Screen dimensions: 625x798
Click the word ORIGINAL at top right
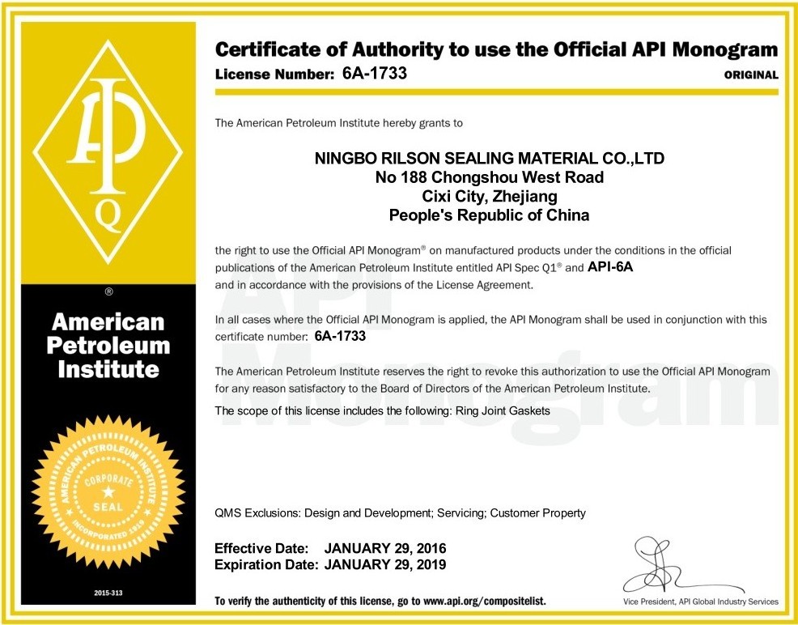[x=751, y=74]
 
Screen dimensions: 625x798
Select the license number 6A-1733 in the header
[x=375, y=73]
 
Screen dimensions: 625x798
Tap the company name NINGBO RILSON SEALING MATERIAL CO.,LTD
[x=489, y=158]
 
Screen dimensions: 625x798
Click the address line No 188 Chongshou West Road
[x=490, y=177]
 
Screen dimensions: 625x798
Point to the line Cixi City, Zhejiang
[x=490, y=196]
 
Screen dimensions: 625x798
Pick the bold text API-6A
[x=615, y=267]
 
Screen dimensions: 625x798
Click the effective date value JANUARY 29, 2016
[x=385, y=548]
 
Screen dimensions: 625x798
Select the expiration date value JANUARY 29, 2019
[x=385, y=564]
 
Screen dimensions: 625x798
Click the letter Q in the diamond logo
[x=109, y=215]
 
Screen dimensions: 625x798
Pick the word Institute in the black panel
[x=108, y=369]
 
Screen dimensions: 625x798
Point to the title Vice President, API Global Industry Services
[x=701, y=602]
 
